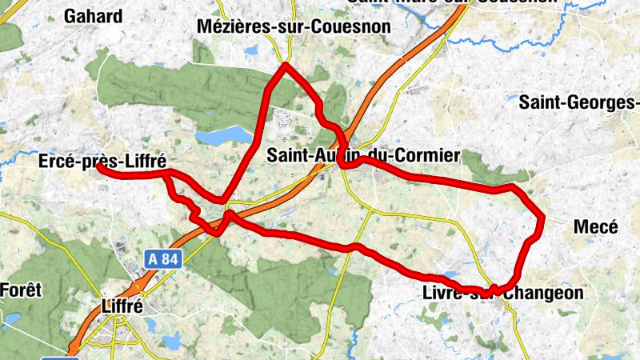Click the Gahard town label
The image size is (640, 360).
point(94,16)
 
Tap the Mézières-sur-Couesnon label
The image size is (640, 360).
point(294,27)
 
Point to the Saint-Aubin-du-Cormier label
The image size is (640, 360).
point(364,154)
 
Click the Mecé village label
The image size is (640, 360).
point(596,227)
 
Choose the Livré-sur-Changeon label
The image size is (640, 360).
point(502,294)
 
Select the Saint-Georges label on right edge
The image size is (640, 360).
point(579,102)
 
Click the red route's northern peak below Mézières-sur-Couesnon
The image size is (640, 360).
point(285,66)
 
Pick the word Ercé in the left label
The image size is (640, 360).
point(56,162)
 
